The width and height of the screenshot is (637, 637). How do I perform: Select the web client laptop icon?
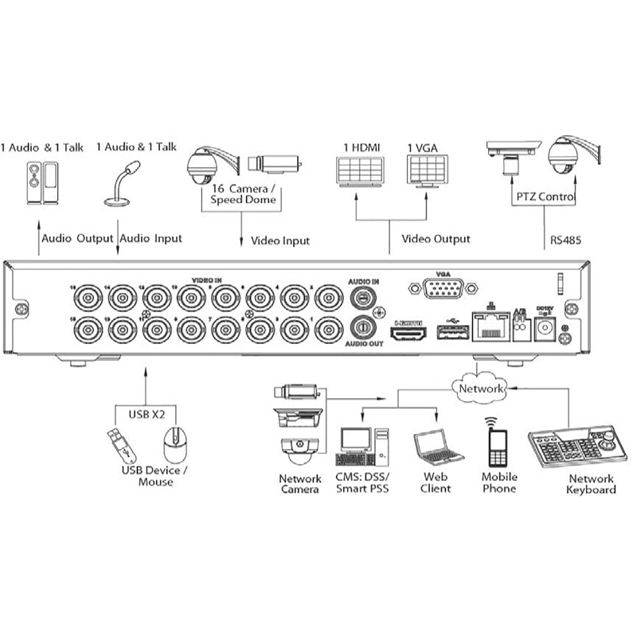437,449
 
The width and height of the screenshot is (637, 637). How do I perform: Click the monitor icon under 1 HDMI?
360,171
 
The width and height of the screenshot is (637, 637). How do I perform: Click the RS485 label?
566,238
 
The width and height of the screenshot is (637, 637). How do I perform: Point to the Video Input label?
280,240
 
